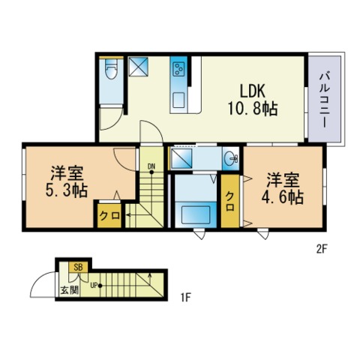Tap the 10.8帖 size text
coord(252,109)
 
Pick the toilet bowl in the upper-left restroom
coord(109,71)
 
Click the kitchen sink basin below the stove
coord(180,97)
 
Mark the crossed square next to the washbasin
coord(183,159)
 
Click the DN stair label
coord(151,166)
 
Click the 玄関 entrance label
coord(69,289)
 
